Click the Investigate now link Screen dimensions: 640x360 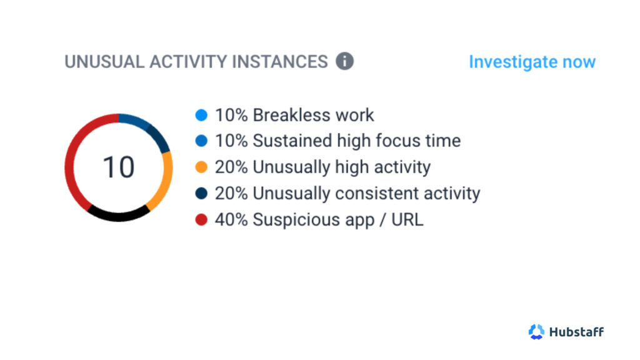click(532, 62)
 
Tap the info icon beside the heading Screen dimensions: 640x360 click(345, 61)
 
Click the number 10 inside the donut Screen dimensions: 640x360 click(118, 167)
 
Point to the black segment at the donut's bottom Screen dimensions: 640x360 click(118, 216)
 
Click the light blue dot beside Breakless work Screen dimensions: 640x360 click(201, 115)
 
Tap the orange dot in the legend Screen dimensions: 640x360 click(201, 167)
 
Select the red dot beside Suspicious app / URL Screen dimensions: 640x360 click(201, 219)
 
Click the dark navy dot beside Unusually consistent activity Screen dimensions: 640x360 click(201, 193)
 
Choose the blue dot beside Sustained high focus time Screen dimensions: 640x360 click(201, 141)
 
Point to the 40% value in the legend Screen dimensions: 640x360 click(231, 219)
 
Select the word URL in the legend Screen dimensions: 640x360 click(407, 219)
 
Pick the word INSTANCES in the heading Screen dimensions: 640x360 click(280, 62)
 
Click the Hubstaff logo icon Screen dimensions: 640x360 click(536, 331)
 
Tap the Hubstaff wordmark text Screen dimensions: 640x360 click(576, 332)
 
